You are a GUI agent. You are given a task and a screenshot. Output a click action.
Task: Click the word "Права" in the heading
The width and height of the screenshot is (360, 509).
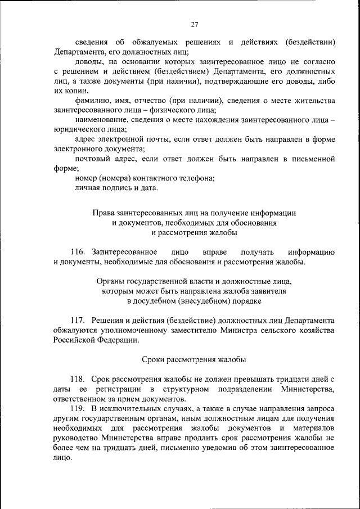103,213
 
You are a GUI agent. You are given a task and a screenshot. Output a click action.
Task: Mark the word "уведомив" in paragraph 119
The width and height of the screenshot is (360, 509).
213,447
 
